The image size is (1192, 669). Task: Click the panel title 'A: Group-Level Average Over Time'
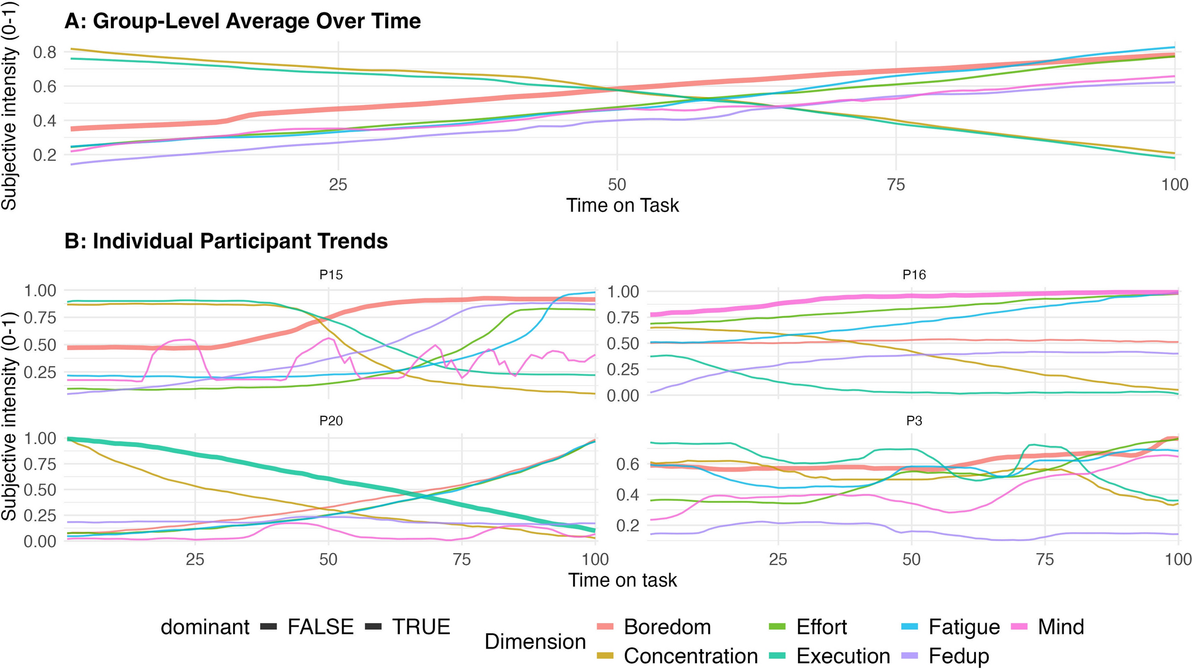coord(242,21)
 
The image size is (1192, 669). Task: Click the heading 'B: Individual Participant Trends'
coord(225,241)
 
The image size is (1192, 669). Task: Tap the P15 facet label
coord(331,274)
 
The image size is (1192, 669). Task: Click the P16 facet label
coord(914,274)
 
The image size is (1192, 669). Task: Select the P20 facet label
coord(331,421)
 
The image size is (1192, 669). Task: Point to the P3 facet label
coord(914,421)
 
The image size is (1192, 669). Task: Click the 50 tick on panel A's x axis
coord(617,184)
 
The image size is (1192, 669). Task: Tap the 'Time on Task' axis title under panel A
coord(622,206)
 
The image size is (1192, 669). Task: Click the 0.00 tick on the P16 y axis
coord(622,395)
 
